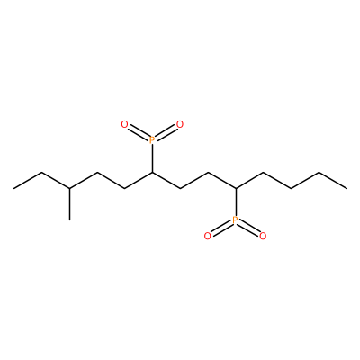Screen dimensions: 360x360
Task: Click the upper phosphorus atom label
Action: point(152,139)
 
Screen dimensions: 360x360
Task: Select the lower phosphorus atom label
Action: point(235,221)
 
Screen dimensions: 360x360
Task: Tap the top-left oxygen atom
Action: point(124,124)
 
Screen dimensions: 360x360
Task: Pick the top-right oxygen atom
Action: point(179,124)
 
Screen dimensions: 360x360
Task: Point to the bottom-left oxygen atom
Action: point(207,237)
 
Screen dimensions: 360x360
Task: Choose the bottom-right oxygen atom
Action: point(263,237)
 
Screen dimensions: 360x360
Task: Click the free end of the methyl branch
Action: point(69,220)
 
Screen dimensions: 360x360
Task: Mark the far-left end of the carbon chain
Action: point(13,189)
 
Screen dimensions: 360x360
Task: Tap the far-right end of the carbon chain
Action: point(347,189)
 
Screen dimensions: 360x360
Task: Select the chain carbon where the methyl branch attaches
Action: point(69,188)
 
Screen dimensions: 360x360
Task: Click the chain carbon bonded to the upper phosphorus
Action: point(152,173)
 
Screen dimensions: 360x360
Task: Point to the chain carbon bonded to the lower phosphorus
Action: point(236,188)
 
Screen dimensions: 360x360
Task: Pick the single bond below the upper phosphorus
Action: point(152,158)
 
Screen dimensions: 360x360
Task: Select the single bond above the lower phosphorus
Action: point(236,202)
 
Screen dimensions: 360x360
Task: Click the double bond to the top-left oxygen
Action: point(139,133)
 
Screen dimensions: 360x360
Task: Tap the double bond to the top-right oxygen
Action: point(166,133)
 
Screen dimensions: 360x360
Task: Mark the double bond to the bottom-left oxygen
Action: point(221,228)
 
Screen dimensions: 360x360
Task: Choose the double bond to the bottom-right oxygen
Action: point(249,228)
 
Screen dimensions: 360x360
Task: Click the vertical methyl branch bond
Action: point(69,204)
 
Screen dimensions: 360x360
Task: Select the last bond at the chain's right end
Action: point(333,181)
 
